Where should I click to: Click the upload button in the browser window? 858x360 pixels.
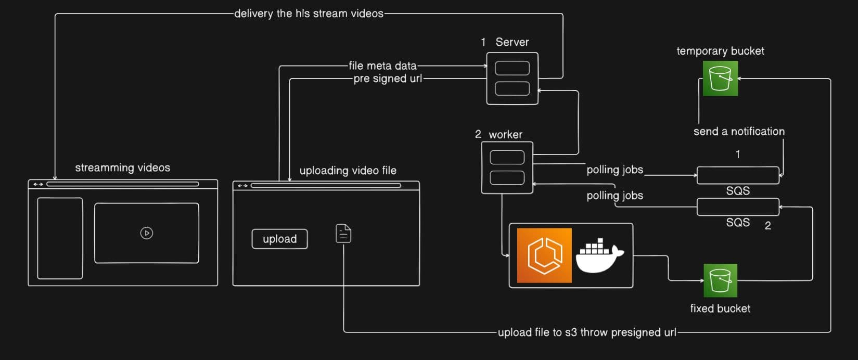(279, 239)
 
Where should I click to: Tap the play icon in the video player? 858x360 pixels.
(147, 233)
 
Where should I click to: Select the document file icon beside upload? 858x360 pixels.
(343, 234)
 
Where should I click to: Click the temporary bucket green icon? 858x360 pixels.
(720, 79)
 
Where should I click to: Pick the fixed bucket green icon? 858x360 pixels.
(720, 280)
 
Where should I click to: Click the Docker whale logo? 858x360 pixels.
(601, 255)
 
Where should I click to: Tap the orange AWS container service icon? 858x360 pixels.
(544, 255)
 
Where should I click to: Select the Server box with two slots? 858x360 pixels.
(512, 78)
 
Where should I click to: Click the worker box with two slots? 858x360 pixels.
(507, 168)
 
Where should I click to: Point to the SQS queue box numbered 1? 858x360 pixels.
(738, 175)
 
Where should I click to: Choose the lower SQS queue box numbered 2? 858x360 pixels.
(738, 207)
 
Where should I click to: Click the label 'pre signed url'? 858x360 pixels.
(388, 79)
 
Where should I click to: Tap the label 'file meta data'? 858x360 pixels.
(382, 66)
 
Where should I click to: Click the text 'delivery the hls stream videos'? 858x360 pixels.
(309, 14)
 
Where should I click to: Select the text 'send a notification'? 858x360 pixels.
(739, 132)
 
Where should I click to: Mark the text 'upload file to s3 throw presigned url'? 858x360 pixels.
(587, 332)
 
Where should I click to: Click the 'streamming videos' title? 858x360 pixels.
(122, 168)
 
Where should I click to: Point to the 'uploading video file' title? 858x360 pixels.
(348, 171)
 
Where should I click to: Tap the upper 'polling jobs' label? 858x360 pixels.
(614, 170)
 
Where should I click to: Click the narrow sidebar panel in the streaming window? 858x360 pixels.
(60, 238)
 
